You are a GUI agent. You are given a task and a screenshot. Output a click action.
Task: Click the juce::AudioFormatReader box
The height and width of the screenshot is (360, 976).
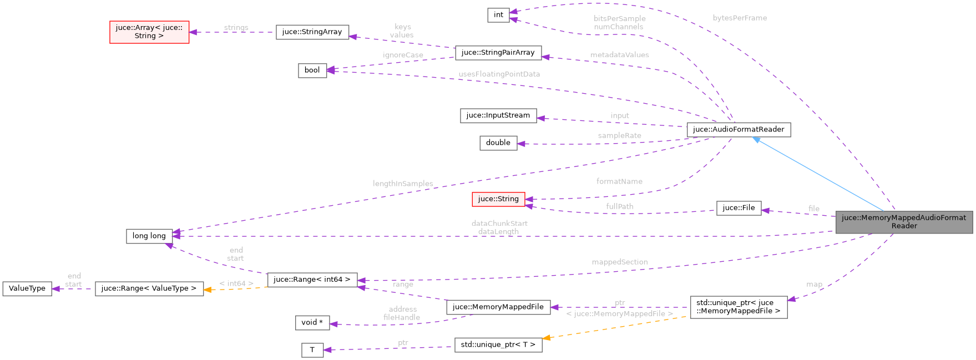[739, 130]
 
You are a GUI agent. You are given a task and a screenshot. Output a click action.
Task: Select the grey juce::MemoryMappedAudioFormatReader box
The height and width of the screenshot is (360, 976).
[904, 222]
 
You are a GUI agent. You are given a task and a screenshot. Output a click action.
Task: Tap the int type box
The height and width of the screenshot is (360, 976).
[498, 15]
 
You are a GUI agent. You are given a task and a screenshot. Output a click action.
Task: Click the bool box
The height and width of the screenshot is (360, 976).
[312, 70]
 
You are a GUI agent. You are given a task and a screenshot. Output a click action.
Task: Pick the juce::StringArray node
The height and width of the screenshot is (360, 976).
[312, 32]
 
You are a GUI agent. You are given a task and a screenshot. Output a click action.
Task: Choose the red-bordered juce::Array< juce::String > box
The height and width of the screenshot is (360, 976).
[149, 32]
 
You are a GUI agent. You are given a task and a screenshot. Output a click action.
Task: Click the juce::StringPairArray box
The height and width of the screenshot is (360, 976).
[498, 53]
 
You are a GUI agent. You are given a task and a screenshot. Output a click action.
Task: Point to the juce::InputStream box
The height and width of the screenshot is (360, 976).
[498, 115]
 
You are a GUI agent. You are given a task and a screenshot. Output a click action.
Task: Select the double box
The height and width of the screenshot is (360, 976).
[498, 143]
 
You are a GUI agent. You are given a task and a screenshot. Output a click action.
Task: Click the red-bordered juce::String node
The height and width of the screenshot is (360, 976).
[498, 199]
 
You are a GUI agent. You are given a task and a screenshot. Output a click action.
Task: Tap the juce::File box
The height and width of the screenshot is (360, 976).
[739, 208]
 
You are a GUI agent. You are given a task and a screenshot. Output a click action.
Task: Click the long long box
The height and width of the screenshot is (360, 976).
[149, 236]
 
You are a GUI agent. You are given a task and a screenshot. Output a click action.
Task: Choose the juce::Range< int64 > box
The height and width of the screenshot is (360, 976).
[312, 280]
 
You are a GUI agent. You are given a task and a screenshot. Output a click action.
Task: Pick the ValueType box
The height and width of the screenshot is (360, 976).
[27, 289]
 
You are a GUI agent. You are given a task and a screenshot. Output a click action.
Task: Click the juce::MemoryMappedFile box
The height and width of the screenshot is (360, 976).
[498, 307]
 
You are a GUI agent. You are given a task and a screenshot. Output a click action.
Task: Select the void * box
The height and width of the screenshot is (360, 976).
[312, 323]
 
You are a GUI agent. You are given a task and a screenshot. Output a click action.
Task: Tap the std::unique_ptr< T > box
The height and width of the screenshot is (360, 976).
[498, 345]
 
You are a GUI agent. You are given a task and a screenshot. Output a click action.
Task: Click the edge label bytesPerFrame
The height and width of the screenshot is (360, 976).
[740, 18]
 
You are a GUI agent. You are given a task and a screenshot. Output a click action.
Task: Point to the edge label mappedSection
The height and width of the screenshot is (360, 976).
[619, 262]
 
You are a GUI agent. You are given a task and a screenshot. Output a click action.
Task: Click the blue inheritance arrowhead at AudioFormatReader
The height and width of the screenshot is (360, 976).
[756, 140]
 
